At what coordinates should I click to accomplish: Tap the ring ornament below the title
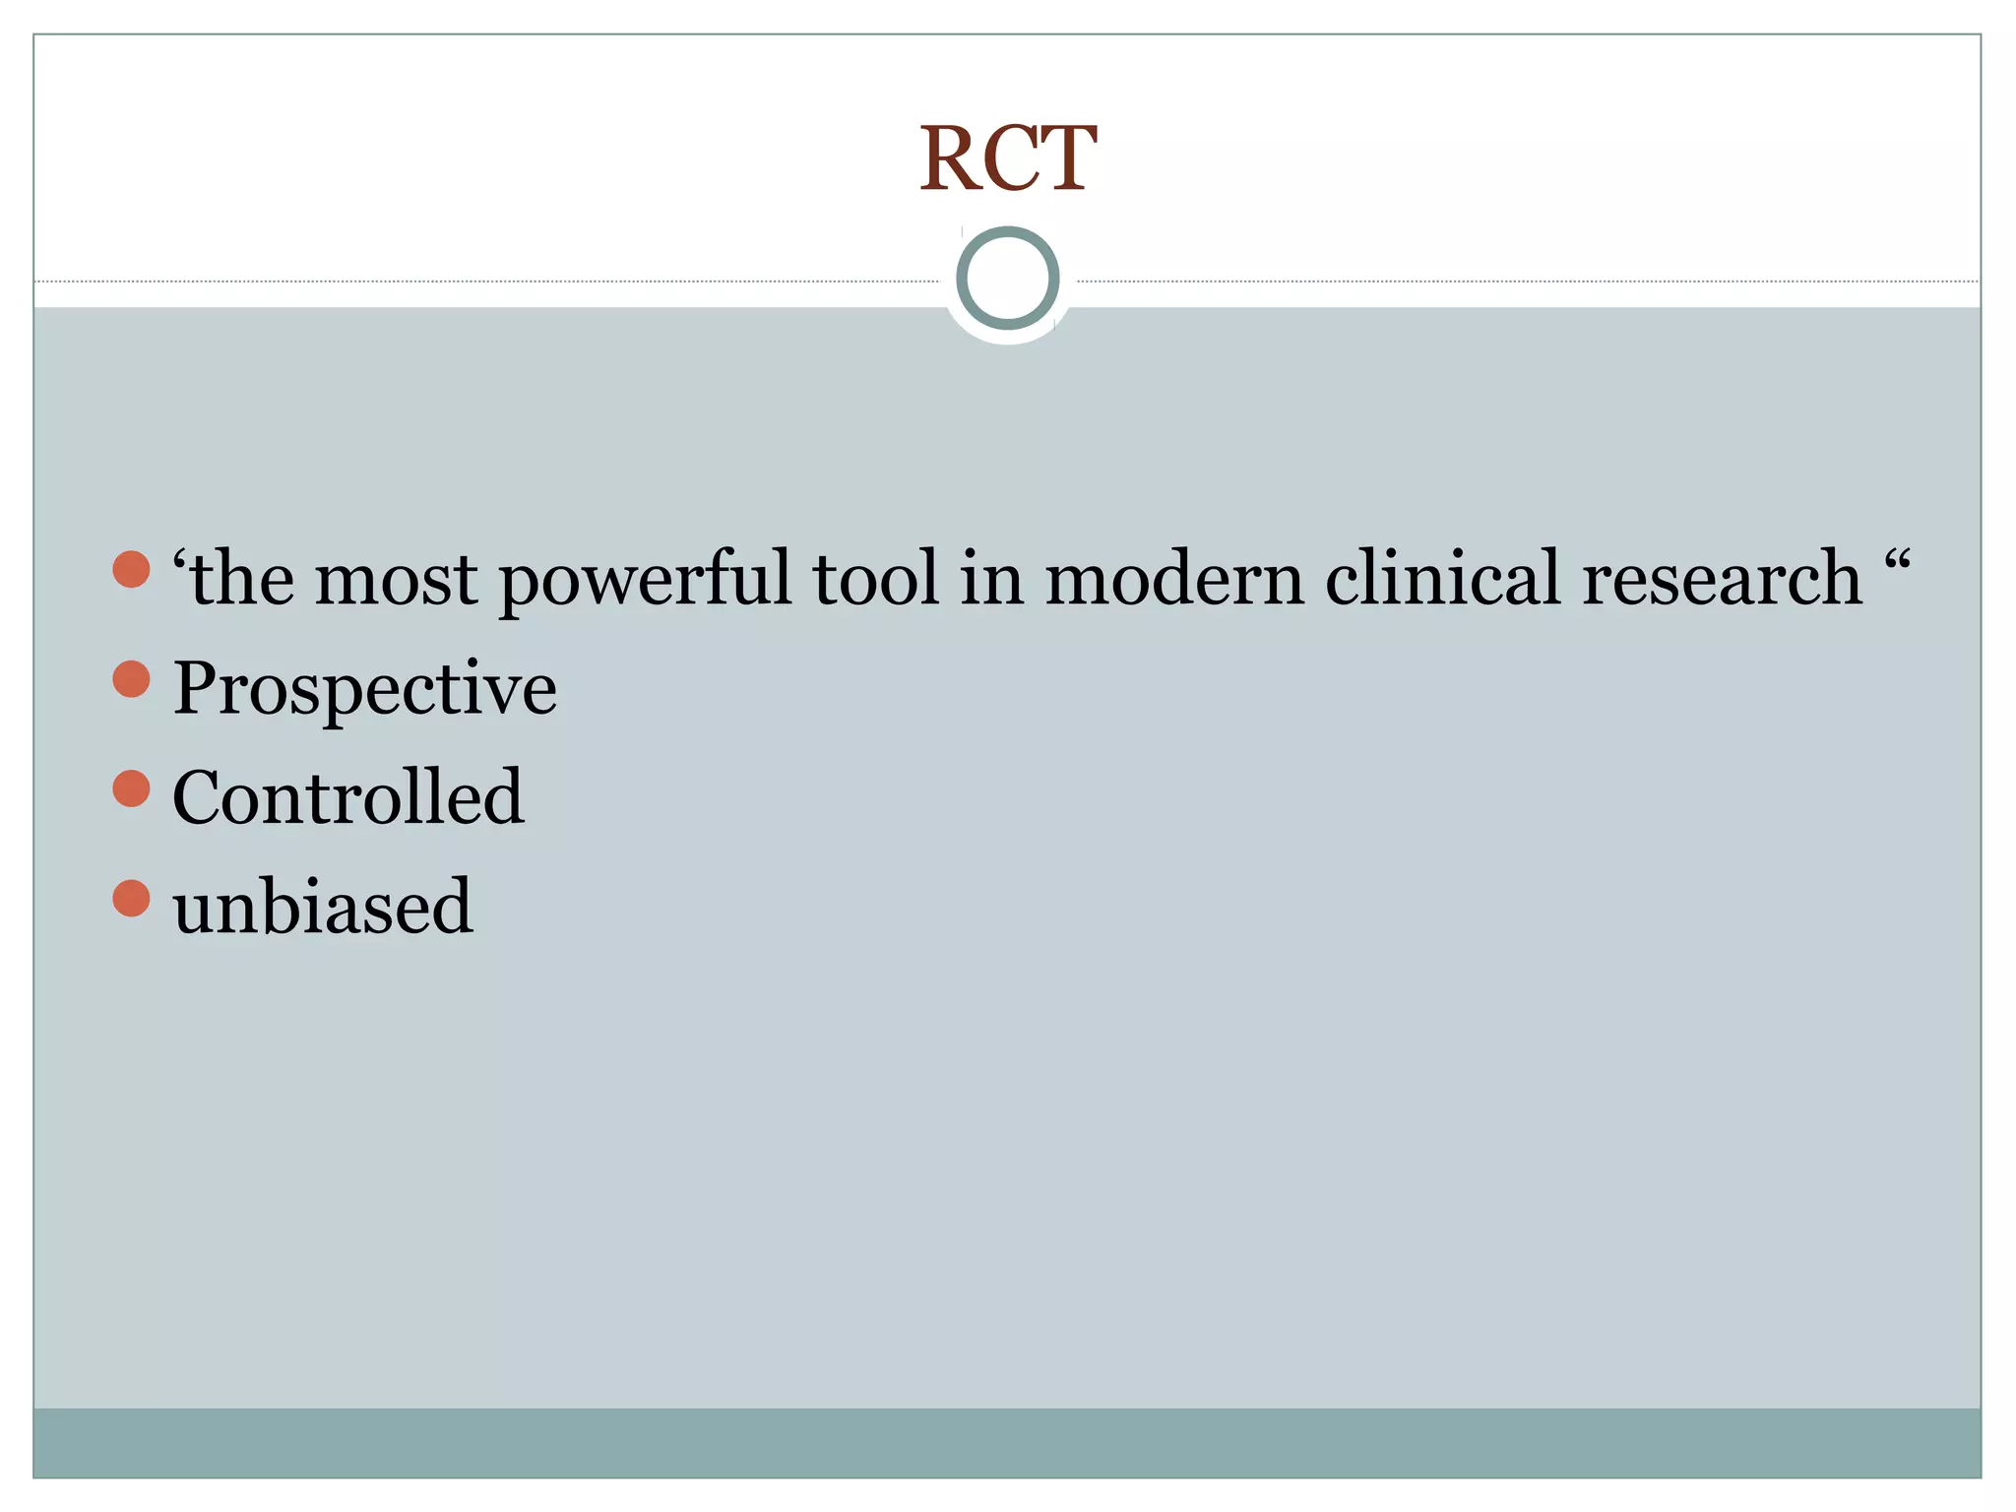point(1007,279)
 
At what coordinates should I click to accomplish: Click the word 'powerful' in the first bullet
point(646,581)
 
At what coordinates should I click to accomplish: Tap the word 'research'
point(1722,581)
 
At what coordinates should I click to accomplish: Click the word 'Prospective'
point(364,689)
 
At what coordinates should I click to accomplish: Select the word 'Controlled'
point(347,796)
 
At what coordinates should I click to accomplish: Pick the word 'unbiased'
point(323,906)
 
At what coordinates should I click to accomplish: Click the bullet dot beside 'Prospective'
point(131,678)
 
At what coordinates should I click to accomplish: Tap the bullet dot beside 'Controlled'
point(131,787)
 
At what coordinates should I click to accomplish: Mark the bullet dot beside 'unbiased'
point(131,898)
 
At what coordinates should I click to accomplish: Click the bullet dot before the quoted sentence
point(131,569)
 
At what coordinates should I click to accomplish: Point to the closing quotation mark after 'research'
point(1897,562)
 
